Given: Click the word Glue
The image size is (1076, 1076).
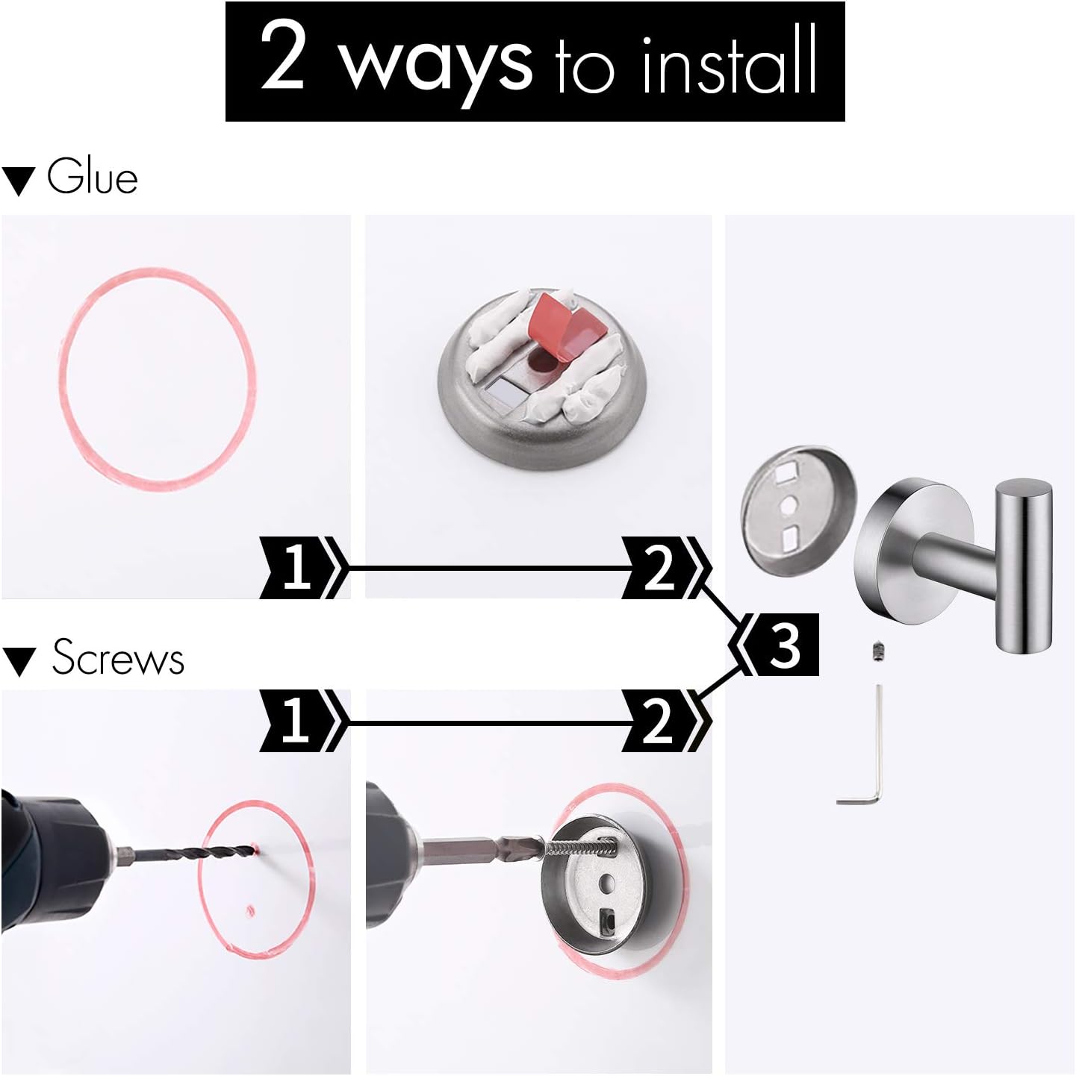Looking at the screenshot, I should pos(93,178).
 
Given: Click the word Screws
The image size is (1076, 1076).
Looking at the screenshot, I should pos(118,658).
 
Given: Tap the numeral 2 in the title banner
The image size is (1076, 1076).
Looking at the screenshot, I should pos(283,57).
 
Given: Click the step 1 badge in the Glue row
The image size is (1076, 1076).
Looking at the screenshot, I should pos(299,567).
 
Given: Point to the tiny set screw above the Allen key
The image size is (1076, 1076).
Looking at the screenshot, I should pos(879,652).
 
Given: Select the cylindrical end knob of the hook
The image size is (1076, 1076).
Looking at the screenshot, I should pos(1023,567).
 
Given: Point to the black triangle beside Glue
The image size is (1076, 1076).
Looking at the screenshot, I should pos(19,181).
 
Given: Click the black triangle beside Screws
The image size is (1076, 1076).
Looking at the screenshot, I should pos(19,662).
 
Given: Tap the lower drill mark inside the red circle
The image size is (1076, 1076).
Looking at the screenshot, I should pos(250,910).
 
